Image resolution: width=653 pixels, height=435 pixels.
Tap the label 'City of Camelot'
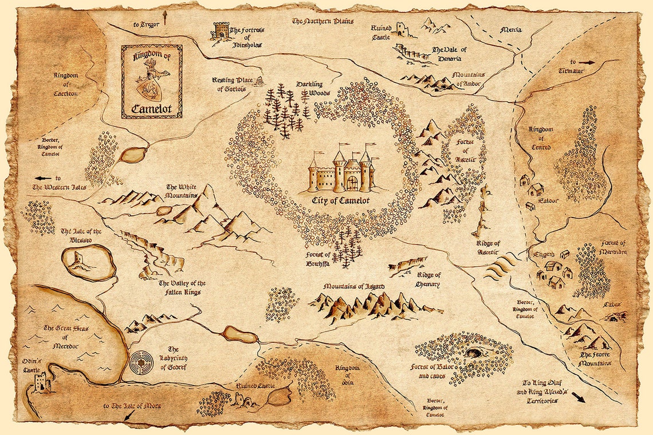coord(341,201)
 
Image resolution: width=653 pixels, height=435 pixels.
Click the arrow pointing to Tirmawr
coord(587,62)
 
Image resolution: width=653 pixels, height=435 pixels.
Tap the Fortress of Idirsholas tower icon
coord(221,31)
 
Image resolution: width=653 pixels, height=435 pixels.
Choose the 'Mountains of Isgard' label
coord(353,286)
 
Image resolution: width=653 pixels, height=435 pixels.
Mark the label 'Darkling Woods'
coord(310,88)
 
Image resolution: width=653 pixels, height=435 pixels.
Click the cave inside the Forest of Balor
coord(474,352)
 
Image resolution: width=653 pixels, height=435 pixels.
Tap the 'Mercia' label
coord(511,30)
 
